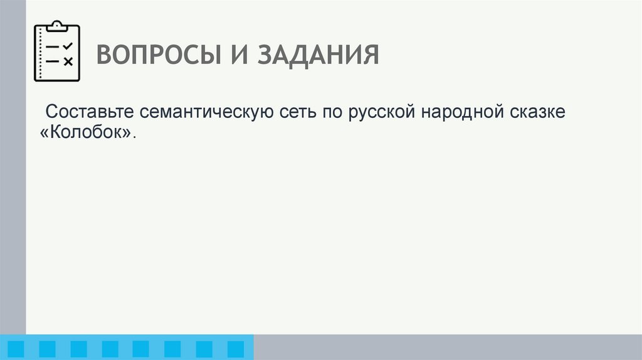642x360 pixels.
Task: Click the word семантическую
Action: [205, 113]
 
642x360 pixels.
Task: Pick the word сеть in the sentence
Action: [297, 113]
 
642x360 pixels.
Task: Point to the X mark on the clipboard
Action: [68, 61]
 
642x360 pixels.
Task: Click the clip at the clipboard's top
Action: [57, 26]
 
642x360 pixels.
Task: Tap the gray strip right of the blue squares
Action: [448, 347]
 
